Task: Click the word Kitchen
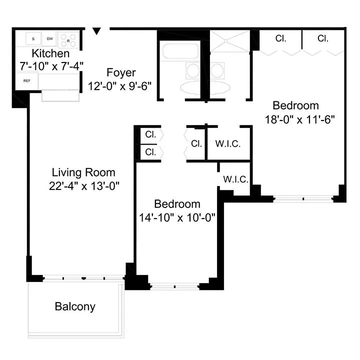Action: [x=50, y=53]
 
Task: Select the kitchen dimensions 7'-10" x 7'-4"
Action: [x=50, y=65]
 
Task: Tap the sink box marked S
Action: [x=33, y=38]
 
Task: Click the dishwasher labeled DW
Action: [x=50, y=38]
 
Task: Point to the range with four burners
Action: [x=67, y=38]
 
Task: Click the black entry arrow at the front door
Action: [x=97, y=31]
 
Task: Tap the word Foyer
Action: [x=121, y=73]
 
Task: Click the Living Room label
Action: [x=83, y=172]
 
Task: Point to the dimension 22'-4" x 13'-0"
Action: [x=83, y=185]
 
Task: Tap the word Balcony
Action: [x=75, y=306]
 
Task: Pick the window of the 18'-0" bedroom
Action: [x=303, y=198]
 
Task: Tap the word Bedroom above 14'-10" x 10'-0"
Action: [x=177, y=204]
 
